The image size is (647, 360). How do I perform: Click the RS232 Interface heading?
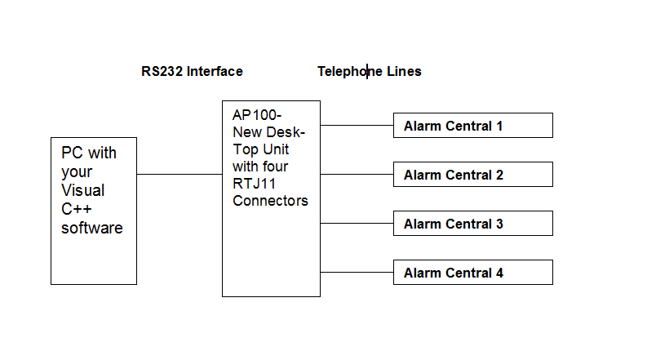[x=192, y=71]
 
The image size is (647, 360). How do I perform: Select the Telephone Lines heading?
[x=370, y=71]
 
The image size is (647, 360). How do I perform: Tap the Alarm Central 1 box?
[x=473, y=126]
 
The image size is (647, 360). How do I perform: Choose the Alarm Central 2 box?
[x=473, y=174]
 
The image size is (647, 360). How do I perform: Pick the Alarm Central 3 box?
[x=473, y=224]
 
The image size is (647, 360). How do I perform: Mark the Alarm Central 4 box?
[x=473, y=273]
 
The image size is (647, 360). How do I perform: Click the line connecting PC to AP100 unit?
[x=179, y=174]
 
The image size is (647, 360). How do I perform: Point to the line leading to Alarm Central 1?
[x=357, y=125]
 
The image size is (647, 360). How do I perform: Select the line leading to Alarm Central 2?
[x=357, y=174]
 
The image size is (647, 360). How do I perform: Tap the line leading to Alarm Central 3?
[x=357, y=224]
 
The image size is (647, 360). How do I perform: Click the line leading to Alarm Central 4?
[x=357, y=272]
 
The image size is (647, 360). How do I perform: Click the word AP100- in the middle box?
[x=257, y=115]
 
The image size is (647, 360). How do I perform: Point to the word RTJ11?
[x=254, y=184]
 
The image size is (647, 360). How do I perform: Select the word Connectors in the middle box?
[x=270, y=201]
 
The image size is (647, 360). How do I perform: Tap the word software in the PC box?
[x=92, y=229]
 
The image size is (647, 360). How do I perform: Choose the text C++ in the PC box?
[x=77, y=209]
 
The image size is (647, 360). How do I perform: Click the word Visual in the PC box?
[x=83, y=190]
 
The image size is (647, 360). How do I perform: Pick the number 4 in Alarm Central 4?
[x=499, y=273]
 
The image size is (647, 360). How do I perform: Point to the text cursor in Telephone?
[x=367, y=71]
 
